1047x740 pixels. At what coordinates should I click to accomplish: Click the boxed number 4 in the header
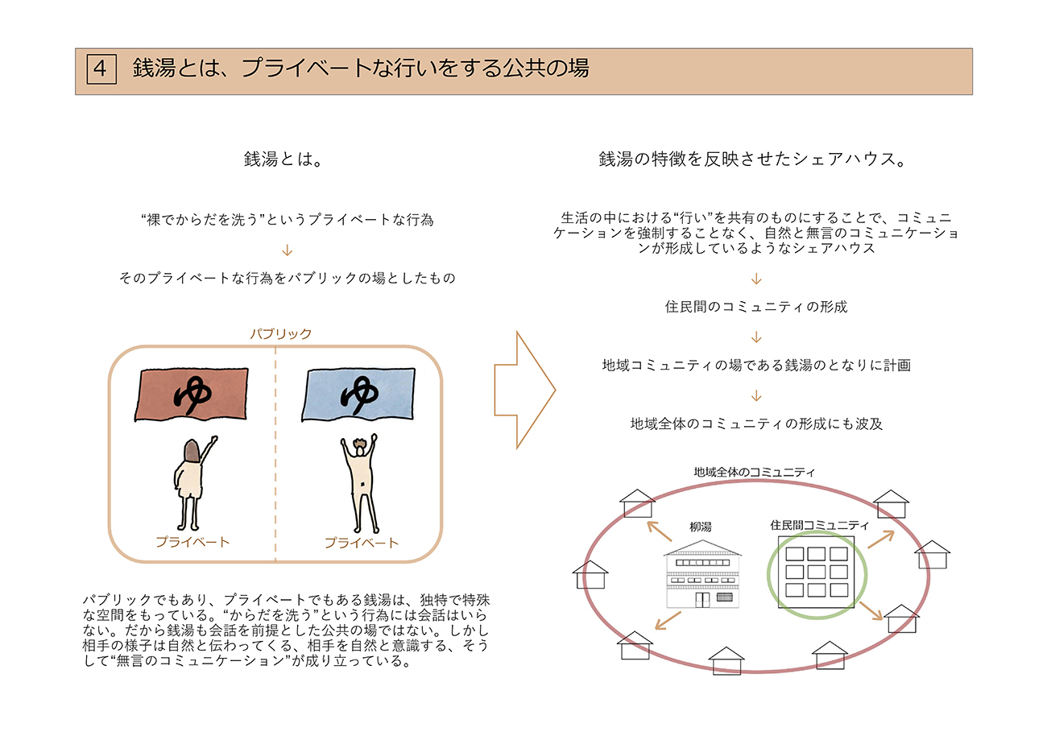click(101, 68)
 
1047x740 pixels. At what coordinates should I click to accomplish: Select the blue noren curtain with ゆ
click(356, 394)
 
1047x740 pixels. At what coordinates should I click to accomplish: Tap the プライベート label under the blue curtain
click(361, 543)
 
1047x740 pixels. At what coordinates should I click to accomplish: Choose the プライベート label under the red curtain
click(192, 543)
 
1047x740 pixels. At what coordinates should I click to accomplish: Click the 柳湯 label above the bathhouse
click(701, 527)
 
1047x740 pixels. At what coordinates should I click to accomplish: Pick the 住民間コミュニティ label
click(819, 525)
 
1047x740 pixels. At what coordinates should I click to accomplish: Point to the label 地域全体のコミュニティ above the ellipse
click(754, 472)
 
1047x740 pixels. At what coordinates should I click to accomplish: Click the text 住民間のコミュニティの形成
click(756, 307)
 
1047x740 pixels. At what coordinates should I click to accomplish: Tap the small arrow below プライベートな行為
click(288, 250)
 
